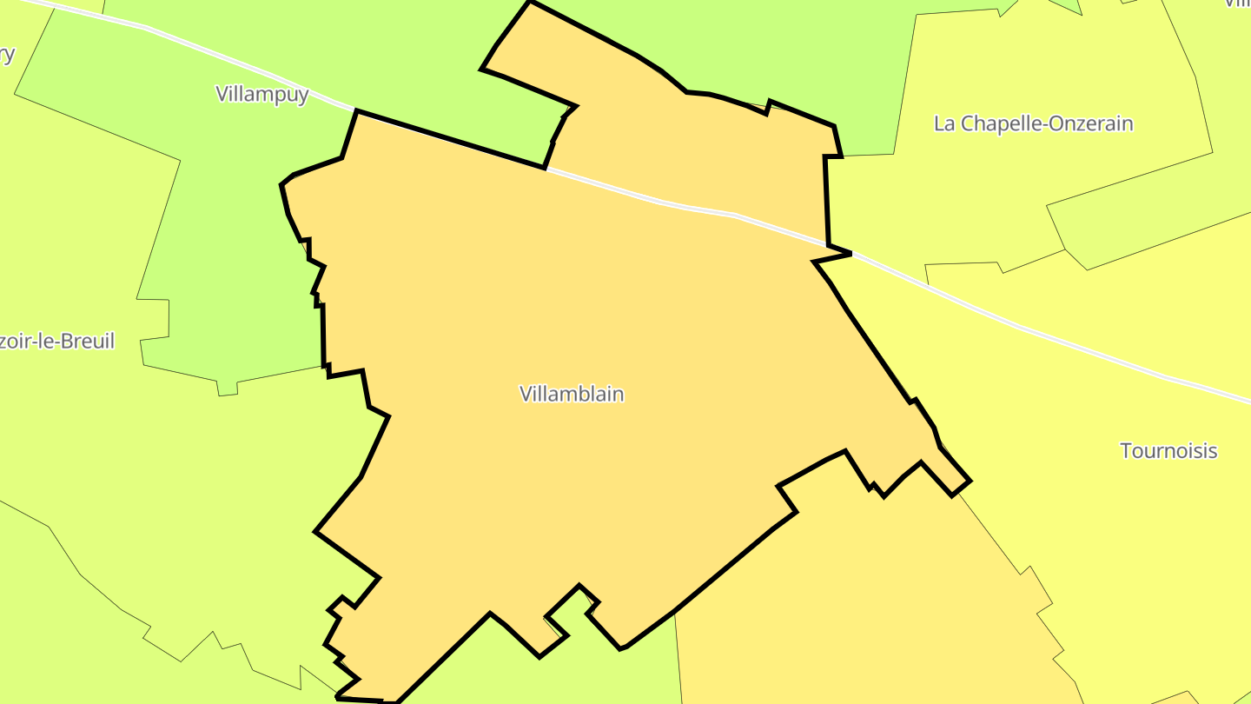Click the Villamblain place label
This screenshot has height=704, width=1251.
coord(572,394)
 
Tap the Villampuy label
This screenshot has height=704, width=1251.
coord(261,94)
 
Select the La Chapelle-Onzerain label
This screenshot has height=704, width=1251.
coord(1033,123)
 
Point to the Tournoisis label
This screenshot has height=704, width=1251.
coord(1168,451)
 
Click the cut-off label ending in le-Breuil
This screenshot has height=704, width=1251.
coord(56,342)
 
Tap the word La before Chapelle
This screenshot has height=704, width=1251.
coord(943,123)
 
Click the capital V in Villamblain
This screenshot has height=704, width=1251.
coord(526,394)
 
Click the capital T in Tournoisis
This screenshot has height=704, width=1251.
coord(1127,451)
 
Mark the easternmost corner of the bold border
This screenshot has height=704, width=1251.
coord(970,481)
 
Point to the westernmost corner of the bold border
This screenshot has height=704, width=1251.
coord(281,185)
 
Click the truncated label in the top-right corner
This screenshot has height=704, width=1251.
coord(1238,3)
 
